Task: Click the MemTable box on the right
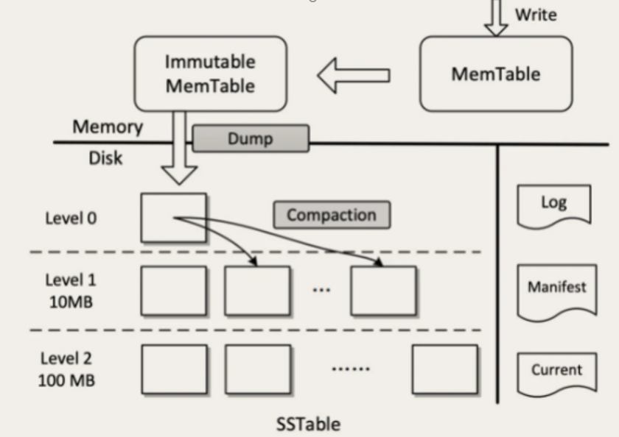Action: [x=495, y=74]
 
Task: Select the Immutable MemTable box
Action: [x=210, y=74]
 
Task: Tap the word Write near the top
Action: [x=536, y=15]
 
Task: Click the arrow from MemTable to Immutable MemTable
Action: [x=354, y=75]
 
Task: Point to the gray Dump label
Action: [x=251, y=138]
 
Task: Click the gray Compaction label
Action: [x=332, y=215]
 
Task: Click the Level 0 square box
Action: [x=173, y=217]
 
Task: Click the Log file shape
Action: [x=553, y=204]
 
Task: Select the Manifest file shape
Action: [x=556, y=288]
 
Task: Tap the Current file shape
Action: [x=556, y=371]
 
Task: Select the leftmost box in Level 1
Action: [x=173, y=291]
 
